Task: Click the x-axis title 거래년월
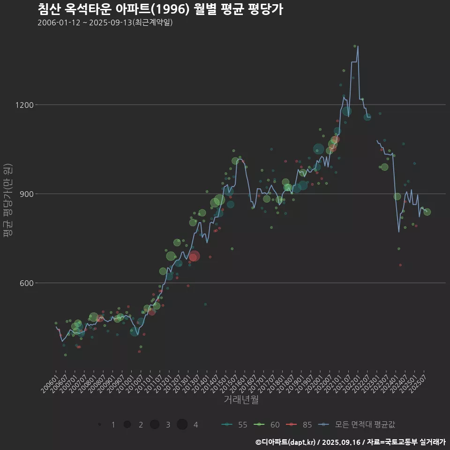pyautogui.click(x=241, y=400)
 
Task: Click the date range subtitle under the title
pyautogui.click(x=105, y=22)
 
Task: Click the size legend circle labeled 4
pyautogui.click(x=182, y=425)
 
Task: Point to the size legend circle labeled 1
pyautogui.click(x=99, y=425)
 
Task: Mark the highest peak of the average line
pyautogui.click(x=358, y=46)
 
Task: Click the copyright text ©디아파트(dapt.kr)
pyautogui.click(x=287, y=442)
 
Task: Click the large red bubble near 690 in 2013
pyautogui.click(x=194, y=256)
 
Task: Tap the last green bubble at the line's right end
pyautogui.click(x=427, y=212)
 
